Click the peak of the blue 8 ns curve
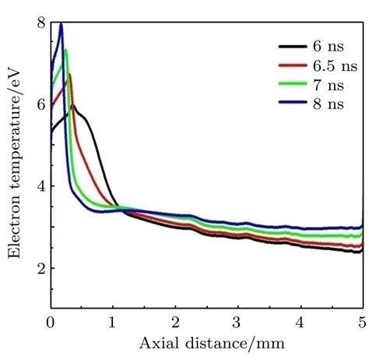[61, 25]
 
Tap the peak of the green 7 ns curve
[65, 51]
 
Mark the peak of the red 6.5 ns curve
[70, 75]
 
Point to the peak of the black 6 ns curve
[73, 105]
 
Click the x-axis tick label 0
[51, 321]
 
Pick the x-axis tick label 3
[237, 321]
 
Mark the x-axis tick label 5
[362, 321]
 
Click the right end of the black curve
[361, 251]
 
